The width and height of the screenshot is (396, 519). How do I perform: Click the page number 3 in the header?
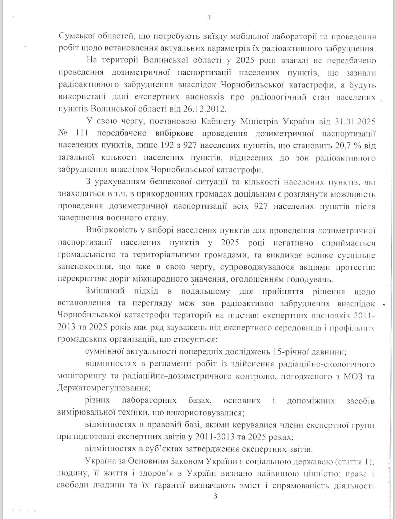click(209, 18)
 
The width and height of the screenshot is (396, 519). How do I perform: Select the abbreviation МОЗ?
click(348, 376)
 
